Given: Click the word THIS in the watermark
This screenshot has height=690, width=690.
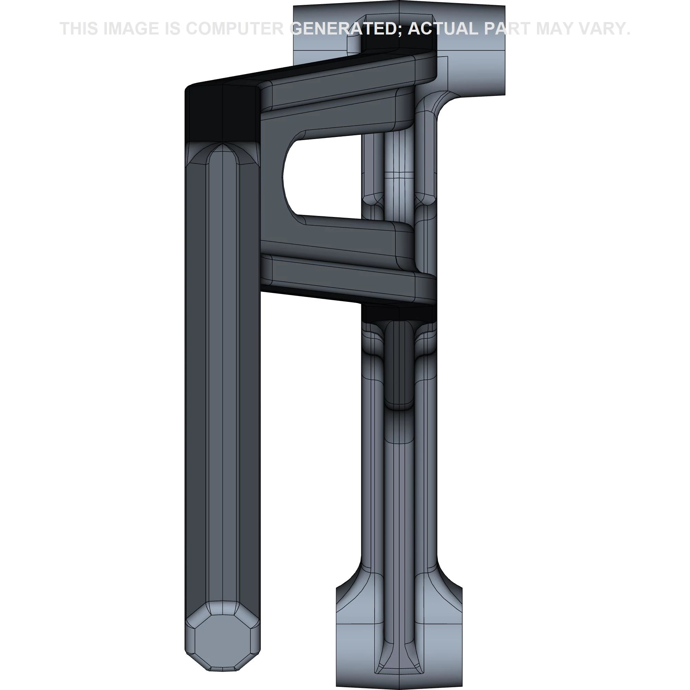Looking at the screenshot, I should point(79,29).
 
